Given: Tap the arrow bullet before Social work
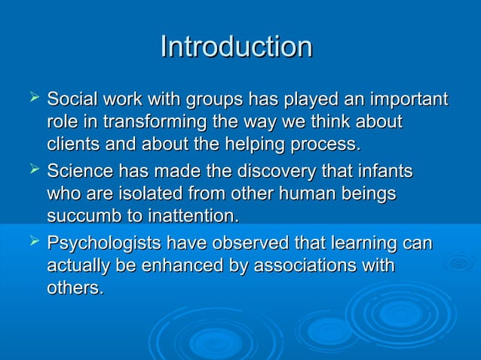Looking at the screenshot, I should [x=31, y=98].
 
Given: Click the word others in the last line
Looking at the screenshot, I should [x=75, y=288].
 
